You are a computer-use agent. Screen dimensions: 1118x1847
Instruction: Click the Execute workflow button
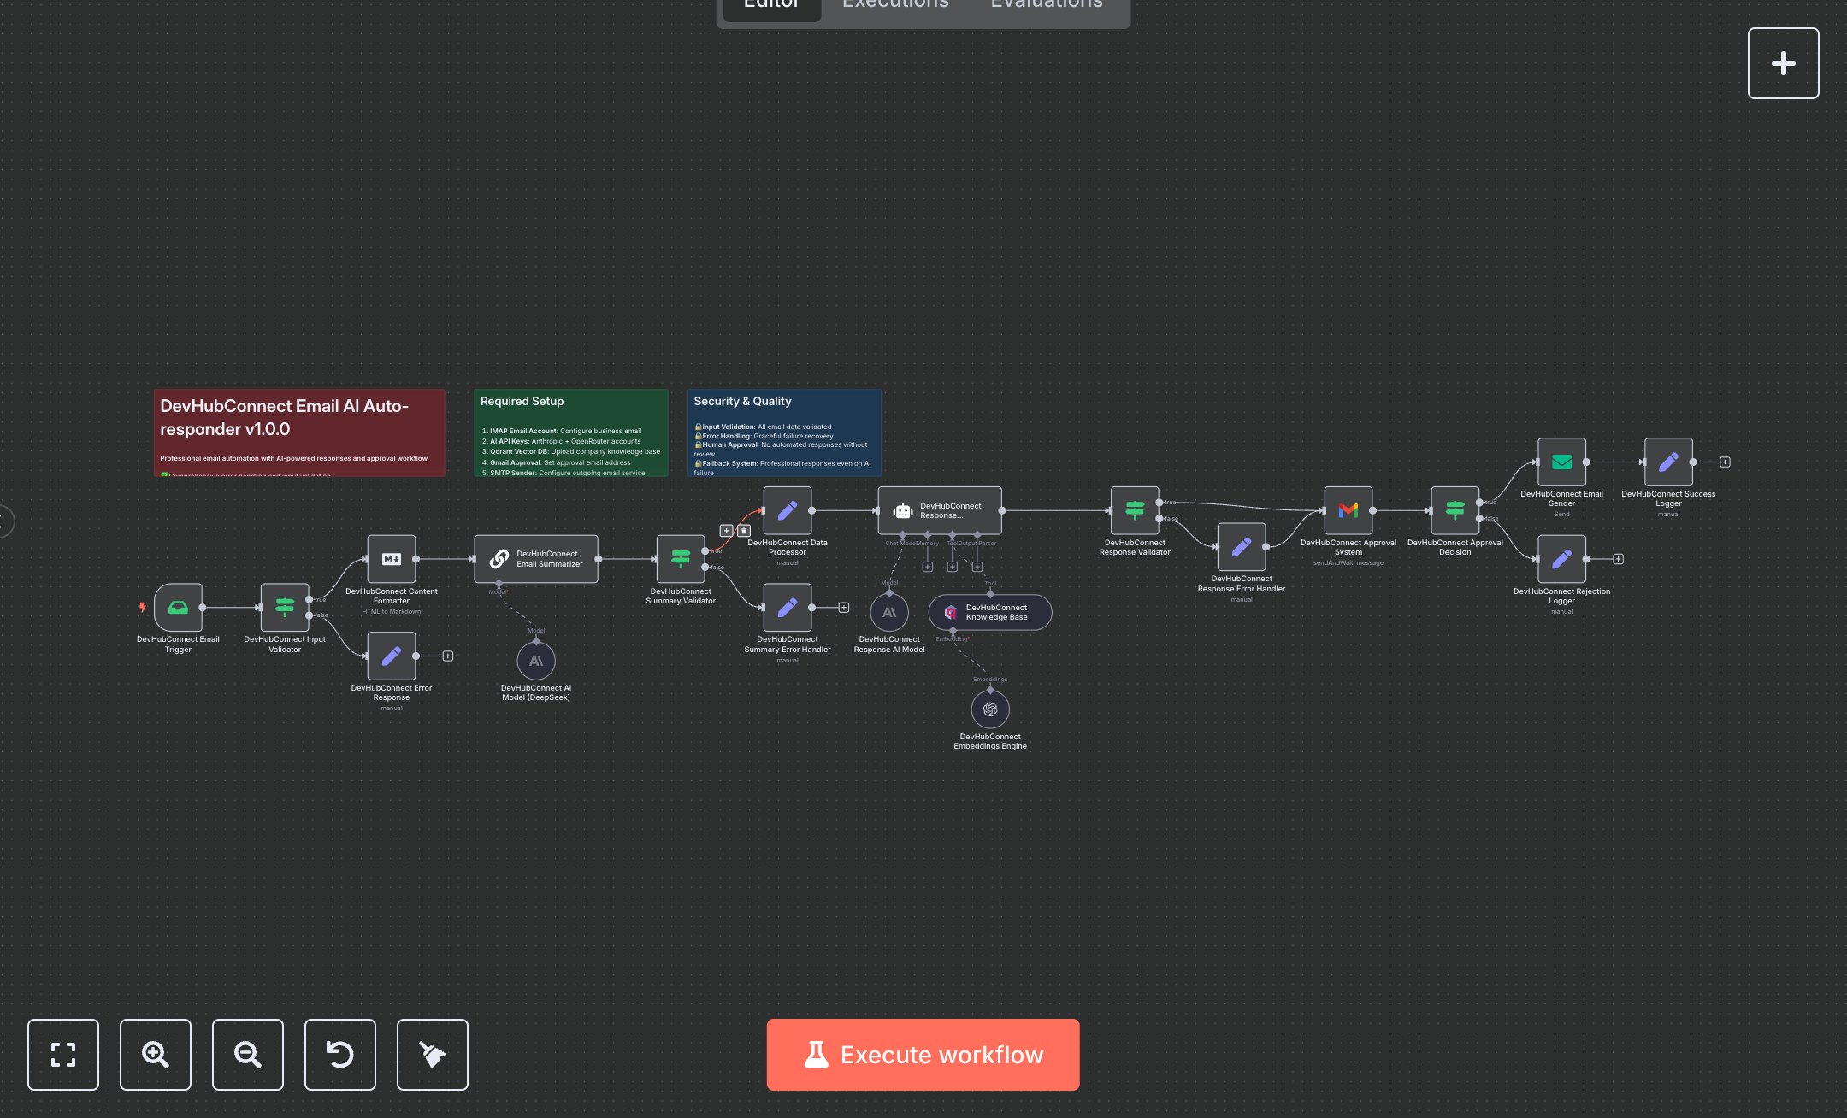(923, 1054)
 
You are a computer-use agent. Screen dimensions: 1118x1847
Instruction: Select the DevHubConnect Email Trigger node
(178, 608)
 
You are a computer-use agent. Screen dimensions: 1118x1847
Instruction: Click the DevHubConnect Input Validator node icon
(285, 608)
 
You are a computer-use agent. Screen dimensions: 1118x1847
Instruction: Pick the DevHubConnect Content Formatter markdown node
(392, 559)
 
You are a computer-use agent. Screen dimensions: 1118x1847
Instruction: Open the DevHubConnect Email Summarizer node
(536, 559)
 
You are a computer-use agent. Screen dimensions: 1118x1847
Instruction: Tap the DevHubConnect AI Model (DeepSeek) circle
(536, 661)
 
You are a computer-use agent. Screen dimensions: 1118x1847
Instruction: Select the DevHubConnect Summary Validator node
(681, 559)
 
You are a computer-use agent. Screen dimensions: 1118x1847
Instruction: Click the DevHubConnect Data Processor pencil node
(788, 510)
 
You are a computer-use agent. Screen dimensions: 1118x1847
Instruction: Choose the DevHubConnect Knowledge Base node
(990, 613)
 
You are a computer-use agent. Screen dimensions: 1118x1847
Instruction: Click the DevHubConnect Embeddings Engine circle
(990, 709)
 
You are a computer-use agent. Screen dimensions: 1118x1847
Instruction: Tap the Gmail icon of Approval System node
(1348, 510)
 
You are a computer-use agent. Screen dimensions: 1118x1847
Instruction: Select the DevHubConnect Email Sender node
(1561, 462)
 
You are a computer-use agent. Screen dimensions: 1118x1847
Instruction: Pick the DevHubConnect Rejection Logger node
(1561, 559)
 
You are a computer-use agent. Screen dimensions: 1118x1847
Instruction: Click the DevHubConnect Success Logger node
(1668, 462)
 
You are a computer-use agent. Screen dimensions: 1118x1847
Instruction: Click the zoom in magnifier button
(156, 1054)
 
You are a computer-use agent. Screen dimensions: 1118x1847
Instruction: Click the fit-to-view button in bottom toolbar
(63, 1054)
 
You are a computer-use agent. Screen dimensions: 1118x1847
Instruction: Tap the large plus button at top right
(1783, 63)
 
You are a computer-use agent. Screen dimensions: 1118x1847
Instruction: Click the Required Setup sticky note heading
(522, 401)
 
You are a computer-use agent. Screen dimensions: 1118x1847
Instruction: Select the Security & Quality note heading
(742, 401)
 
